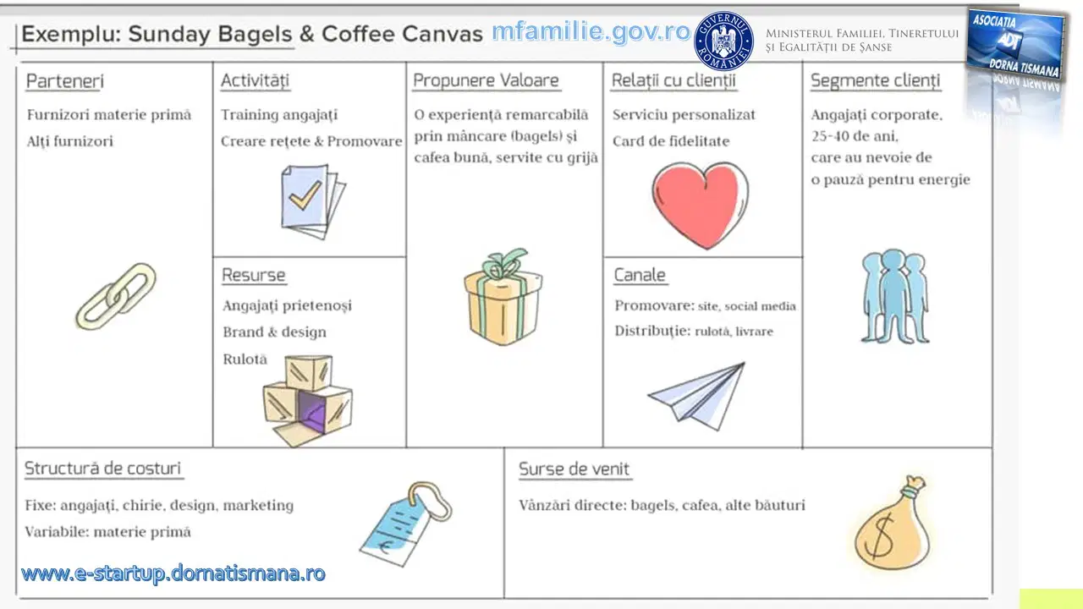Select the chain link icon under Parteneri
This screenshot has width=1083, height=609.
[x=116, y=297]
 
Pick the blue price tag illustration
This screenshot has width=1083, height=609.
[x=406, y=524]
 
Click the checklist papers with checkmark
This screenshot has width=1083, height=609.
[x=313, y=202]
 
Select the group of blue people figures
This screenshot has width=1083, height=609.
[x=895, y=296]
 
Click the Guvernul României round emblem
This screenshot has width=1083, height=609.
[x=723, y=41]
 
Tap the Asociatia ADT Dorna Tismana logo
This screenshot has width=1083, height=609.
[x=1015, y=45]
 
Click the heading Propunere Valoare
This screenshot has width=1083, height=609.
[x=486, y=80]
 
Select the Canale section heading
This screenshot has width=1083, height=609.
[x=640, y=275]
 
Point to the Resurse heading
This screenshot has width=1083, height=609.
[x=253, y=275]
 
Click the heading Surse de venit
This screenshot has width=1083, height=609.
[x=574, y=469]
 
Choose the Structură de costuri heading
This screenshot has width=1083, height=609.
[x=102, y=469]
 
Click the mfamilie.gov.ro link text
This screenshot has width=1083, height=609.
[x=591, y=31]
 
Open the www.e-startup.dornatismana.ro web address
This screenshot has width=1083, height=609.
[x=173, y=573]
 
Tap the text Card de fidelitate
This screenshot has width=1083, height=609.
[x=671, y=141]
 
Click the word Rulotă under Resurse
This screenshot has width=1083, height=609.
[x=245, y=359]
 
